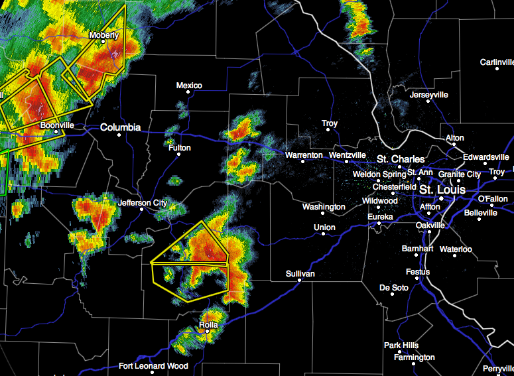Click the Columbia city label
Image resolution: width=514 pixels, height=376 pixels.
click(120, 127)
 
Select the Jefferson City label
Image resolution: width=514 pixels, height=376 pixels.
click(143, 203)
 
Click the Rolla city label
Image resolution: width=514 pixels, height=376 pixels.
click(208, 325)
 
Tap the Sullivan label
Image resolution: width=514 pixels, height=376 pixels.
click(300, 274)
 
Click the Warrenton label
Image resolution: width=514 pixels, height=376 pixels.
click(303, 155)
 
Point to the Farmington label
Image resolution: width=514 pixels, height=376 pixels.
click(414, 357)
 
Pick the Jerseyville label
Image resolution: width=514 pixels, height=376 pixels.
click(429, 95)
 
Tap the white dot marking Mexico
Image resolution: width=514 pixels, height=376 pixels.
click(188, 93)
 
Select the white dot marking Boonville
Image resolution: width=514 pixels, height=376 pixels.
click(57, 131)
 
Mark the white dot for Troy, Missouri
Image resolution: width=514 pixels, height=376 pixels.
click(328, 131)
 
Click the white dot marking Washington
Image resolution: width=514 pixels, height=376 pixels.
click(323, 214)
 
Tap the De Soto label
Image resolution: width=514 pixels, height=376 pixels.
click(393, 287)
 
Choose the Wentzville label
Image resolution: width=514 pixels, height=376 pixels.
click(347, 155)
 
